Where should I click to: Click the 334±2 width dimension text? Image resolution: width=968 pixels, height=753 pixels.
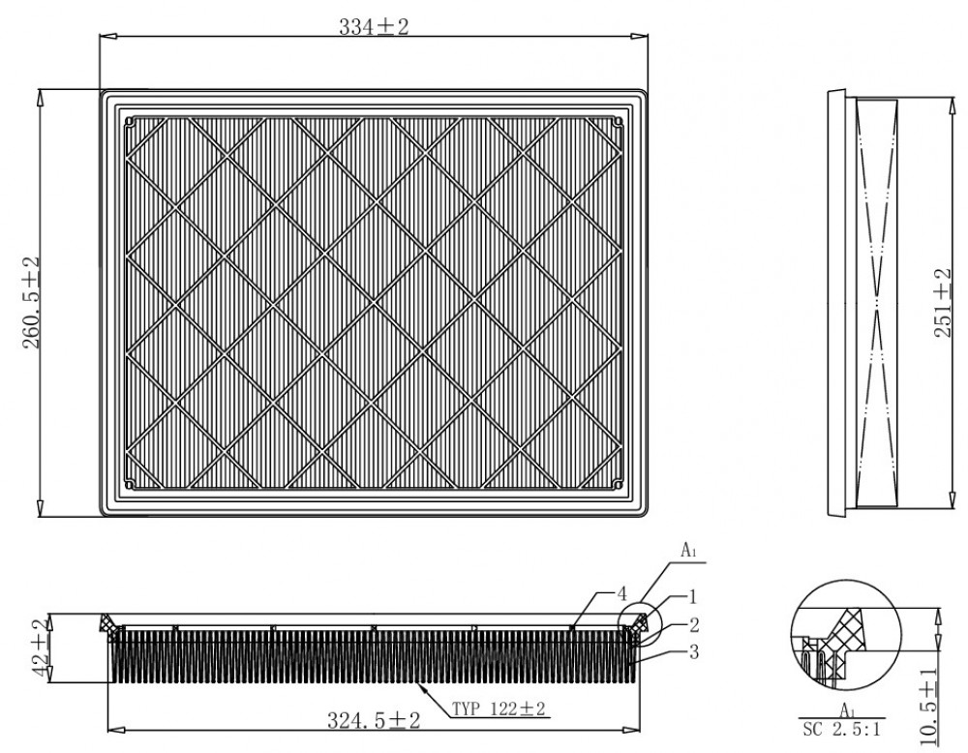coord(374,26)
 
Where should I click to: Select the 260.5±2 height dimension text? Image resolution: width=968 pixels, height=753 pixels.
coord(32,302)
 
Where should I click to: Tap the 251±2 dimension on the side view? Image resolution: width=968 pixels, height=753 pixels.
coord(943,302)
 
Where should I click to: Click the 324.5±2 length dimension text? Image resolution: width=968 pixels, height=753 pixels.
coord(374,720)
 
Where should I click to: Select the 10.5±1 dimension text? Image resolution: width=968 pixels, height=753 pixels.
coord(929,706)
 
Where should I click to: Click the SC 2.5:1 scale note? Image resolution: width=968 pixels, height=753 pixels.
coord(841,730)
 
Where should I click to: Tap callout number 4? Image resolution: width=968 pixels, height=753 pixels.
coord(621,593)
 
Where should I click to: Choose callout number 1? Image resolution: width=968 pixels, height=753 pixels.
coord(693,596)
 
